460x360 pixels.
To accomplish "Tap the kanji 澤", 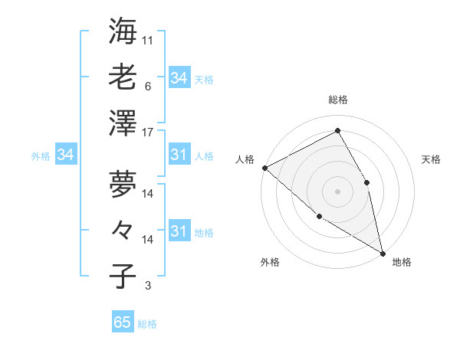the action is tap(123, 123).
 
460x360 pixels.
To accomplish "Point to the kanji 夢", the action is tap(123, 183).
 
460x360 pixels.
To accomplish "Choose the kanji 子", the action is tap(123, 277).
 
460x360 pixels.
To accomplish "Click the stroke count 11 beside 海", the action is tap(148, 40).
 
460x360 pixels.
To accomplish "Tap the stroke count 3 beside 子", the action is tap(147, 286).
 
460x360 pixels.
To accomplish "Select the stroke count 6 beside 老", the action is tap(147, 87).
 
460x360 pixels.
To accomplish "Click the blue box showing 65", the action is tap(123, 322).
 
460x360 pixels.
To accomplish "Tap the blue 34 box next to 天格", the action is tap(179, 78).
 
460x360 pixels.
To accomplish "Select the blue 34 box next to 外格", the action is tap(66, 155).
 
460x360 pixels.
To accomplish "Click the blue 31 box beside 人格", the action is tap(179, 155).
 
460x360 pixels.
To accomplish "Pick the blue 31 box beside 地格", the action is tap(179, 231).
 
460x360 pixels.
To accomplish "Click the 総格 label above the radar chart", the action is tap(337, 100).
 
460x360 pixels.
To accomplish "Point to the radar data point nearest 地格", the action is tap(382, 252).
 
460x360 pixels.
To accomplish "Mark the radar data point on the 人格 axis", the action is tap(264, 167).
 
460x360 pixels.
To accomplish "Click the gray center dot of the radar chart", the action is tap(337, 191).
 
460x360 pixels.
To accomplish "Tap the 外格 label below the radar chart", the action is tap(270, 262).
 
